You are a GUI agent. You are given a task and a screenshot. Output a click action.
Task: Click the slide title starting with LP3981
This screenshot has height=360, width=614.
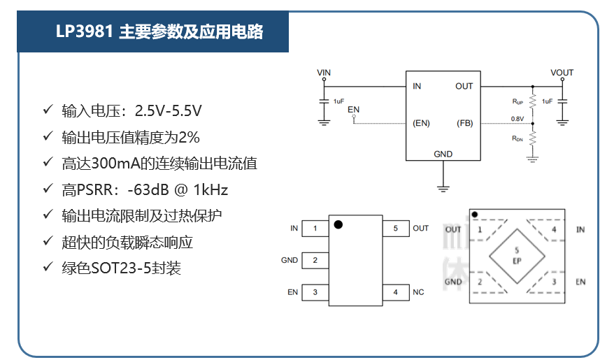point(159,31)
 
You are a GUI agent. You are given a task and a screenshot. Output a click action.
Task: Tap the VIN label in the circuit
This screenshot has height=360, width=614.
point(324,73)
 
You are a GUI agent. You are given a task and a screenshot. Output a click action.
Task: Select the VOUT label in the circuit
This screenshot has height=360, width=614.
point(562,73)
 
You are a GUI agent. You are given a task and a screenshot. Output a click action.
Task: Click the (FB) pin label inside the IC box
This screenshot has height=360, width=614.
point(465,123)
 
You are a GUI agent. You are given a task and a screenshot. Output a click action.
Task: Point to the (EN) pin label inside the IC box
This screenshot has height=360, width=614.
point(422,123)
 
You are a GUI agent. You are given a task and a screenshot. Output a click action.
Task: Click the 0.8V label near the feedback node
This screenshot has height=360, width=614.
point(517,119)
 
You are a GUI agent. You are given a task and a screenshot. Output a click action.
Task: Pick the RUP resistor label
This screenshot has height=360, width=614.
point(517,101)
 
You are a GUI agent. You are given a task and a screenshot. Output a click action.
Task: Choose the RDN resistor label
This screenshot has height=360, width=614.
point(517,138)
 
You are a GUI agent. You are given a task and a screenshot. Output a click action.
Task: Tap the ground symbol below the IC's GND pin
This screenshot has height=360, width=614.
point(443,189)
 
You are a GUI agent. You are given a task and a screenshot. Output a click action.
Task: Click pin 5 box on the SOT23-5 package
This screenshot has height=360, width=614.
point(396,228)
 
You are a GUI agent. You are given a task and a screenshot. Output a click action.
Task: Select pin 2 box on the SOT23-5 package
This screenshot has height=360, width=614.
point(315,260)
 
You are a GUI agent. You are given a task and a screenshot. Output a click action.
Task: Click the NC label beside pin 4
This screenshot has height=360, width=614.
point(418,292)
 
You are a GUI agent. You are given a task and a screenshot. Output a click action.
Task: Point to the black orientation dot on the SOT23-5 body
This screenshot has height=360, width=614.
point(338,224)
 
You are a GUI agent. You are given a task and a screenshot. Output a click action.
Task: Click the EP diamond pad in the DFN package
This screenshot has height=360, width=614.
point(517,257)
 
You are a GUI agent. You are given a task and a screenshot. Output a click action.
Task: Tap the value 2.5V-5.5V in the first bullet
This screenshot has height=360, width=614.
point(169,111)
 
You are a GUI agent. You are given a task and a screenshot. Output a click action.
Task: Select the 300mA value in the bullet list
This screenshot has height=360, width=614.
point(115,164)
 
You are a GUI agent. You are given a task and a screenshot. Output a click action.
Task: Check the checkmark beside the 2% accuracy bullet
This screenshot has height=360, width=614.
point(48,136)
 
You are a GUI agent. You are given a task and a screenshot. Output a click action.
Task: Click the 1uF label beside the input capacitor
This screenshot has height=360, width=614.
point(338,101)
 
